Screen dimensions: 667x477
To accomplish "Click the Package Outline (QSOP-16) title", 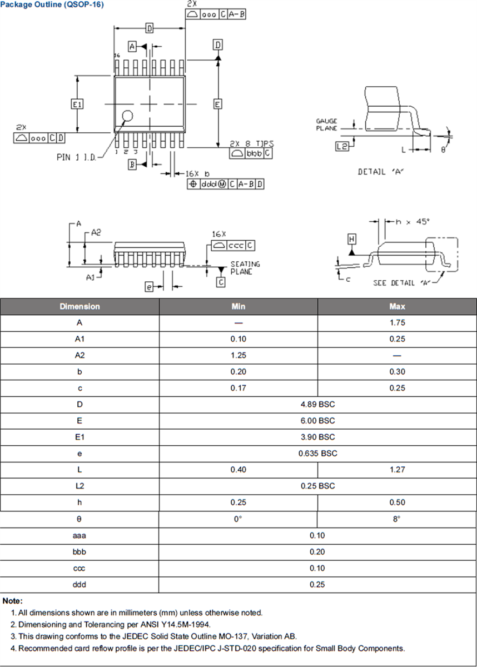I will coord(52,4).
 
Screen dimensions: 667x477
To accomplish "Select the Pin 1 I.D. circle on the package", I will coord(128,116).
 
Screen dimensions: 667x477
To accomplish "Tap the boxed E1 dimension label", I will coord(77,104).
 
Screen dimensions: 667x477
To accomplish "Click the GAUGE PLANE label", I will coord(327,125).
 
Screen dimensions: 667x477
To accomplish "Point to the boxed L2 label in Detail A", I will coord(342,146).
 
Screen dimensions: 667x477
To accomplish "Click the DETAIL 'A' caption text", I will coord(380,172).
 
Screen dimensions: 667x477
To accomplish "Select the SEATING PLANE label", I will coord(245,268).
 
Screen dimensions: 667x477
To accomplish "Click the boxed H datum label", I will coord(351,240).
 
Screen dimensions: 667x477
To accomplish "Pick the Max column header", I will coord(397,306).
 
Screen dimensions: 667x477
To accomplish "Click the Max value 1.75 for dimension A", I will coord(397,322).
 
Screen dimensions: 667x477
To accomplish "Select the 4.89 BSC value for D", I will coord(317,404).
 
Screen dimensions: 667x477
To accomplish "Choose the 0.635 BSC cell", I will coord(317,453).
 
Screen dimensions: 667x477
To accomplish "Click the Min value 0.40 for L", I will coord(238,470).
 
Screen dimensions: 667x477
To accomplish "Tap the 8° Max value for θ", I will coord(397,519).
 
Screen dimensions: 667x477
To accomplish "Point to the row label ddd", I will coord(79,584).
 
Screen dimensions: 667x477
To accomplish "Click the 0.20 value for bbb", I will coord(317,552).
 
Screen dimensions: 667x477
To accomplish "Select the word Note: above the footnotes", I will coord(13,601).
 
